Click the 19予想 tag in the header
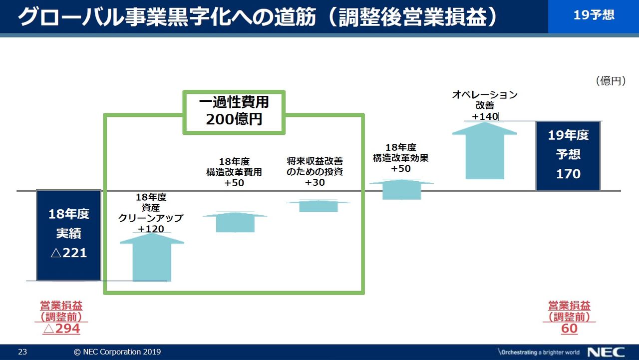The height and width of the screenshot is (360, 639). (x=594, y=15)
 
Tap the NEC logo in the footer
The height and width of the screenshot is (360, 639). (x=606, y=352)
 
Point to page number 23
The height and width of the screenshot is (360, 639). (x=22, y=352)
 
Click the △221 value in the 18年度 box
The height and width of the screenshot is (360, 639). (x=69, y=253)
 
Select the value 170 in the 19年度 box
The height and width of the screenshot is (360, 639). (x=568, y=174)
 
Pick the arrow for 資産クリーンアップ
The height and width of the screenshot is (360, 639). (x=152, y=257)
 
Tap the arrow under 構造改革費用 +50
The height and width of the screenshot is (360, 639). (x=235, y=222)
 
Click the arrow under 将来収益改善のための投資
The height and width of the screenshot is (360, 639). (x=319, y=206)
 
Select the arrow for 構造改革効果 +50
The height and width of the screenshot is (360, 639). (x=401, y=189)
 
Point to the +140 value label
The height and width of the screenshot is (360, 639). (x=485, y=116)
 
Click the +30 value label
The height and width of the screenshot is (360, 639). (x=315, y=183)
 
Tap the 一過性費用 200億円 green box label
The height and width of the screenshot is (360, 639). (x=234, y=111)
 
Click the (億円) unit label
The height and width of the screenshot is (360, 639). (x=611, y=81)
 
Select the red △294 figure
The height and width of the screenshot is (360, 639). (x=61, y=329)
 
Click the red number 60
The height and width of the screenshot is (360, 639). (x=569, y=329)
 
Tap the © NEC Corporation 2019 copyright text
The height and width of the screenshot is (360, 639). (x=117, y=352)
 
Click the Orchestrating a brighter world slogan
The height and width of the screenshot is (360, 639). (x=539, y=352)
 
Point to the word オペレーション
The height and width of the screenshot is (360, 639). (x=485, y=94)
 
